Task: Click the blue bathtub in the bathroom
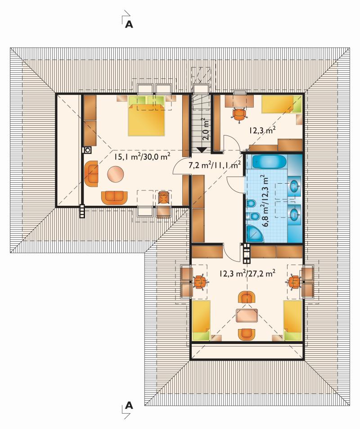click(x=269, y=163)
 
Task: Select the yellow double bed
click(x=146, y=116)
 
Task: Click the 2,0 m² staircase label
click(x=206, y=129)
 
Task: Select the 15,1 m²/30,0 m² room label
click(x=143, y=156)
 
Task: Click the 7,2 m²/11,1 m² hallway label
click(x=215, y=165)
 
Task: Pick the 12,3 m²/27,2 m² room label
click(x=247, y=273)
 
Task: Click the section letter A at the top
click(x=129, y=24)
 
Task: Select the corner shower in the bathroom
click(x=255, y=233)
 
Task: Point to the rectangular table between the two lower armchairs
click(x=247, y=316)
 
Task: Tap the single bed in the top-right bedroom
click(x=282, y=104)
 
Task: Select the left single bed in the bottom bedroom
click(x=201, y=321)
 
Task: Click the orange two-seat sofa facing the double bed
click(x=114, y=198)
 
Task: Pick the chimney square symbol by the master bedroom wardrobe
click(x=88, y=150)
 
